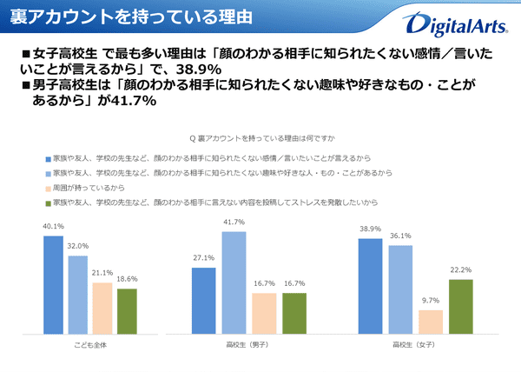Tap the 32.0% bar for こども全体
[x=78, y=295]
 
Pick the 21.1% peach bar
[x=102, y=309]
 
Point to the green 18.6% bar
[x=126, y=311]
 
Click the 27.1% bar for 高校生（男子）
[x=202, y=301]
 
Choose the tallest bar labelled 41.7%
[x=234, y=282]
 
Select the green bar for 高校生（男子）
[x=294, y=314]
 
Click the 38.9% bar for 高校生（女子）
[x=370, y=287]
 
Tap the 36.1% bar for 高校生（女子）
[x=400, y=290]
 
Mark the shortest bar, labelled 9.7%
[x=431, y=322]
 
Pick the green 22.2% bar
[x=460, y=307]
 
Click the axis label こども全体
[x=90, y=345]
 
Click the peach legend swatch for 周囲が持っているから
[x=45, y=188]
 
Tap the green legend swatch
[x=45, y=201]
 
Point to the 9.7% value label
[x=431, y=301]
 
